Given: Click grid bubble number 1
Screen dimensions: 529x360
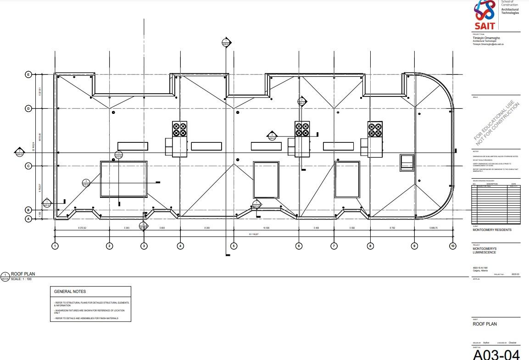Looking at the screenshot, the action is [55, 246].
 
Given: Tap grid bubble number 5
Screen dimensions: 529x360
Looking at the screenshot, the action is [234, 246].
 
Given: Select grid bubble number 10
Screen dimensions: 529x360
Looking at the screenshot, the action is [453, 246].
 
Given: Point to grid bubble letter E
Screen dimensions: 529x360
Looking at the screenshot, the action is [28, 74].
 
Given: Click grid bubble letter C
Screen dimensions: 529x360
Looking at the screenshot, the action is [28, 166].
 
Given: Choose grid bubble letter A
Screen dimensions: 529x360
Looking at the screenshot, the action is [28, 219].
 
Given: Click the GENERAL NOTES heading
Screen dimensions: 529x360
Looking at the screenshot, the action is [70, 292].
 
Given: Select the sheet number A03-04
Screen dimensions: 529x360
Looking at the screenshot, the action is [496, 354].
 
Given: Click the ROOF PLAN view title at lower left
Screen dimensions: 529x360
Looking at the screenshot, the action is [26, 274].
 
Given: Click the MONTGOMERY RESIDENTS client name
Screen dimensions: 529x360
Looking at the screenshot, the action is [492, 230].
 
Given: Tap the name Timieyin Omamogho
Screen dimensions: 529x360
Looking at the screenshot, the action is [486, 38].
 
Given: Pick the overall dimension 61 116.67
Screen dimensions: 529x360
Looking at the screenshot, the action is [254, 234].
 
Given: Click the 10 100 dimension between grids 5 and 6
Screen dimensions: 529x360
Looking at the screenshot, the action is [266, 228].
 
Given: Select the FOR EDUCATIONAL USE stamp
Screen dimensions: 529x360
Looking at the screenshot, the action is [497, 121].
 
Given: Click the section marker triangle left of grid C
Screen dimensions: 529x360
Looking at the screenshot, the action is [19, 152].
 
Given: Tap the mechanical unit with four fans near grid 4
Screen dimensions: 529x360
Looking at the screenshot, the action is [179, 129].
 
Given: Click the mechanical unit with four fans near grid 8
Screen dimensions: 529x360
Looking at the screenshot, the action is [374, 129].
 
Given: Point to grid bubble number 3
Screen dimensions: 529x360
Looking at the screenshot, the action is [144, 246].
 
